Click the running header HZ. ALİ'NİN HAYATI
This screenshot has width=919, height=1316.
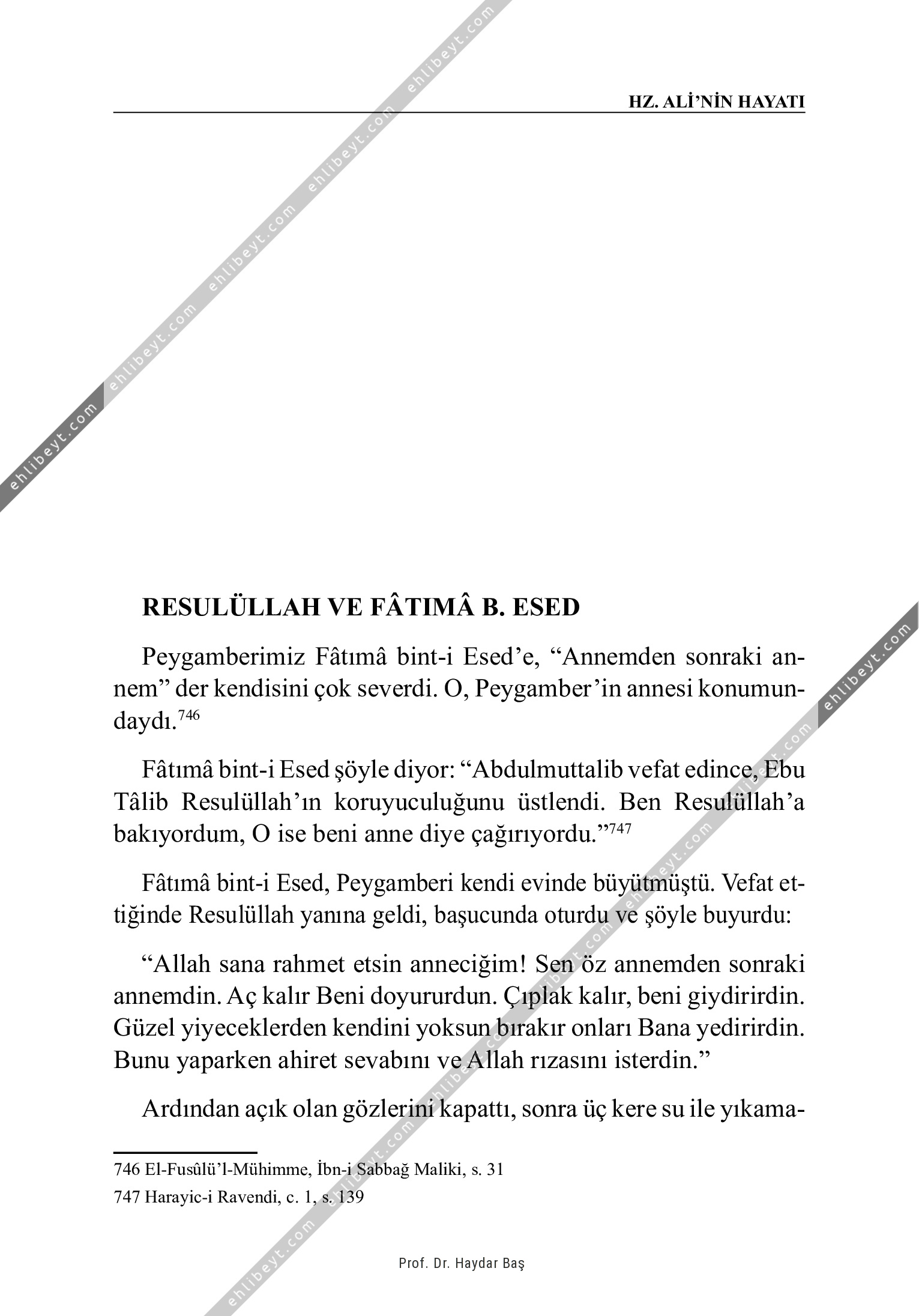(716, 101)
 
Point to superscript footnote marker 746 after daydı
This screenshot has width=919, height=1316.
(188, 715)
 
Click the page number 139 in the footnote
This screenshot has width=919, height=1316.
(351, 1198)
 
